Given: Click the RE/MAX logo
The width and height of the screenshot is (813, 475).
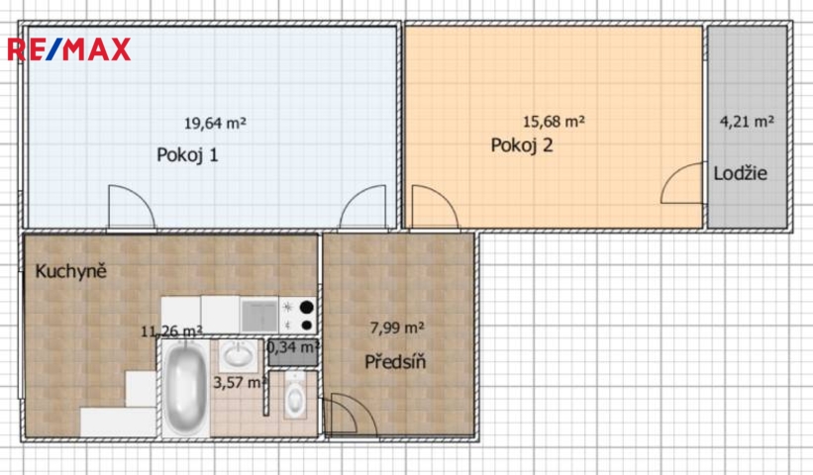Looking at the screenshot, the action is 68,49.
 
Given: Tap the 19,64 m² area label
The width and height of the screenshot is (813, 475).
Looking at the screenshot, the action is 215,124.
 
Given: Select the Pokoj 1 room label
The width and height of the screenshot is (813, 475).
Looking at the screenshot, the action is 187,155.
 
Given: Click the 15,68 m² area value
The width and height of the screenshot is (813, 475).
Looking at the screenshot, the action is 554,122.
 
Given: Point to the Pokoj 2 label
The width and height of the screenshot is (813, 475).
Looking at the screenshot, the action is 522,145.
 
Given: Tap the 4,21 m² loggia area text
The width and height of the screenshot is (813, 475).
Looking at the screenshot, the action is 748,122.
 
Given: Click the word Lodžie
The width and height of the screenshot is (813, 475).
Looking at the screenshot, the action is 740,173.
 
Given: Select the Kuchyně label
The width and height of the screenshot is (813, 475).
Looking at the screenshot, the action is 70,271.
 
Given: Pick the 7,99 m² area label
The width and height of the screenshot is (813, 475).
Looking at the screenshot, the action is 397,328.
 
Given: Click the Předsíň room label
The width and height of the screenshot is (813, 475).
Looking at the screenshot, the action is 395,361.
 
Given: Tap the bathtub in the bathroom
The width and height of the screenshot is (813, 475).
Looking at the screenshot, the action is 185,389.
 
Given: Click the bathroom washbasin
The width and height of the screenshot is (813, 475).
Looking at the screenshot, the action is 238,355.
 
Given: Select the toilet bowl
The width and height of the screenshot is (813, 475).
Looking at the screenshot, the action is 295,396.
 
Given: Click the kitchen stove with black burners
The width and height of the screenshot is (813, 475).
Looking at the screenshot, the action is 298,316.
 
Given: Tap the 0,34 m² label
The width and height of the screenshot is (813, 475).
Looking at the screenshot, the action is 293,347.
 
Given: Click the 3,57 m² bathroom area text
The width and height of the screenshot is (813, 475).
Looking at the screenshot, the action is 241,383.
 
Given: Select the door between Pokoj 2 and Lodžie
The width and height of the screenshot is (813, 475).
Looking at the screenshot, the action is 682,182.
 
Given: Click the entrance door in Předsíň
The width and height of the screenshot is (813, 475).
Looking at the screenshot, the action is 353,416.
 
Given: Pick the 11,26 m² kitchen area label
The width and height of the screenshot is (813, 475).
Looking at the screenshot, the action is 171,331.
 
